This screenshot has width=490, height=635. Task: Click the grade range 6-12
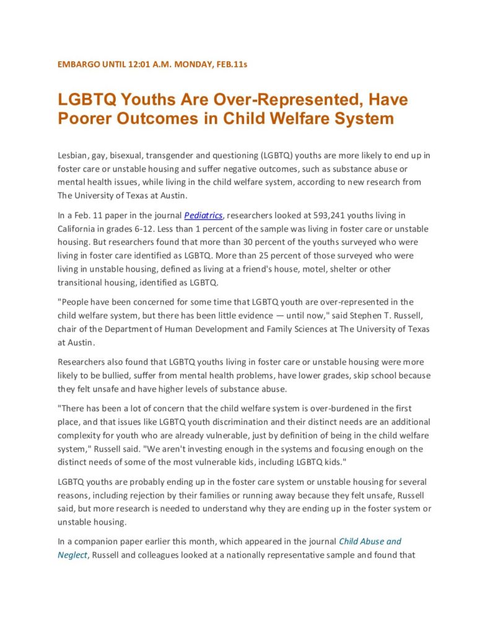(159, 229)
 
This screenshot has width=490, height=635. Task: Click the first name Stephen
(358, 316)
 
